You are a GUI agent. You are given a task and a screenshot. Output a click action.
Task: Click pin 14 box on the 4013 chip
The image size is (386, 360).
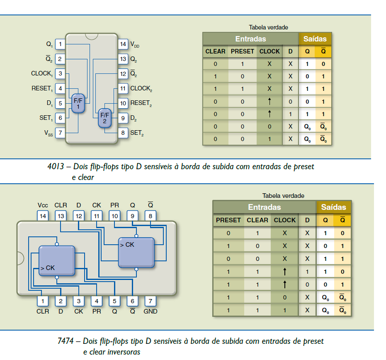[x=123, y=44]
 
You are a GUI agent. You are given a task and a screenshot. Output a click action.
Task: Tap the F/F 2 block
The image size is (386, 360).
[x=104, y=118]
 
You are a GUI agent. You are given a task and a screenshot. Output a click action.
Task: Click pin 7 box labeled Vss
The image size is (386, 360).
[x=60, y=133]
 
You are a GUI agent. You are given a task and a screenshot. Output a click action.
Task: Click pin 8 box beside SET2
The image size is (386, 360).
[x=123, y=133]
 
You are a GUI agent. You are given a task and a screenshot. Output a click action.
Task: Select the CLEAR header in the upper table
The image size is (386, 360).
[x=215, y=51]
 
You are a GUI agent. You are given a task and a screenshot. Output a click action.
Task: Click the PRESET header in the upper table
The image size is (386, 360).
[x=242, y=51]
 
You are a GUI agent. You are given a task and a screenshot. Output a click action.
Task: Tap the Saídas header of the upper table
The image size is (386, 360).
[x=315, y=39]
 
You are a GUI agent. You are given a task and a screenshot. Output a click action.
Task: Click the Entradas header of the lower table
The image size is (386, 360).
[x=265, y=207]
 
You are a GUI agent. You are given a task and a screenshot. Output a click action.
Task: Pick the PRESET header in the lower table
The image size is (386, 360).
[x=228, y=220]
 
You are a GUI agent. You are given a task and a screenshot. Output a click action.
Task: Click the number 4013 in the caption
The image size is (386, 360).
[x=56, y=167]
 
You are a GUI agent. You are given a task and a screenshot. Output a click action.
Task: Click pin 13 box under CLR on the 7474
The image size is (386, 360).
[x=61, y=216]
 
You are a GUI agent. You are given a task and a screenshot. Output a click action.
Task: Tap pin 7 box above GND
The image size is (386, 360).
[x=151, y=301]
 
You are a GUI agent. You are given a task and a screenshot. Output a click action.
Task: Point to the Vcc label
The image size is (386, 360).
[x=43, y=205]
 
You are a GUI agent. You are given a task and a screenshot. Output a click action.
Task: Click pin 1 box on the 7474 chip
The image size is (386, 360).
[x=43, y=301]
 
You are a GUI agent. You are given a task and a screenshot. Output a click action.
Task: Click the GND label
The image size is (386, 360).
[x=151, y=311]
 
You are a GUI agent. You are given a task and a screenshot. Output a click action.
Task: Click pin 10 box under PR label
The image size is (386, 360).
[x=114, y=216]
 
